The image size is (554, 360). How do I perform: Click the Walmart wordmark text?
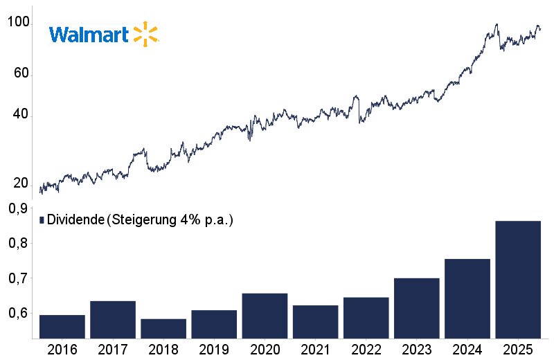click(89, 35)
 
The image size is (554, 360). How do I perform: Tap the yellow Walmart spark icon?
click(145, 34)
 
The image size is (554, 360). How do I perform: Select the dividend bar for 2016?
click(62, 327)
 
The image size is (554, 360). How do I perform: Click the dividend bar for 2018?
click(163, 329)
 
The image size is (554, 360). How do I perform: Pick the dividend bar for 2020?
click(265, 316)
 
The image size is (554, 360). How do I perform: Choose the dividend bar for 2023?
click(417, 308)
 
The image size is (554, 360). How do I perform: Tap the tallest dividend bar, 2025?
click(518, 280)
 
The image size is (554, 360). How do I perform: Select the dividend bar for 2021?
click(315, 322)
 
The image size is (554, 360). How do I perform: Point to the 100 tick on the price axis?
click(18, 23)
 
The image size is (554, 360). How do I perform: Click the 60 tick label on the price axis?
click(20, 73)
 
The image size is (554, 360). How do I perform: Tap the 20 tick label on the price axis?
click(20, 183)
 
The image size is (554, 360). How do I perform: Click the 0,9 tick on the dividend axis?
click(18, 208)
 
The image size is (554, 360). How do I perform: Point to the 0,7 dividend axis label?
click(18, 278)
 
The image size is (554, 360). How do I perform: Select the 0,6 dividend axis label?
click(18, 314)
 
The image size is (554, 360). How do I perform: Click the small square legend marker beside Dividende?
click(42, 220)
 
